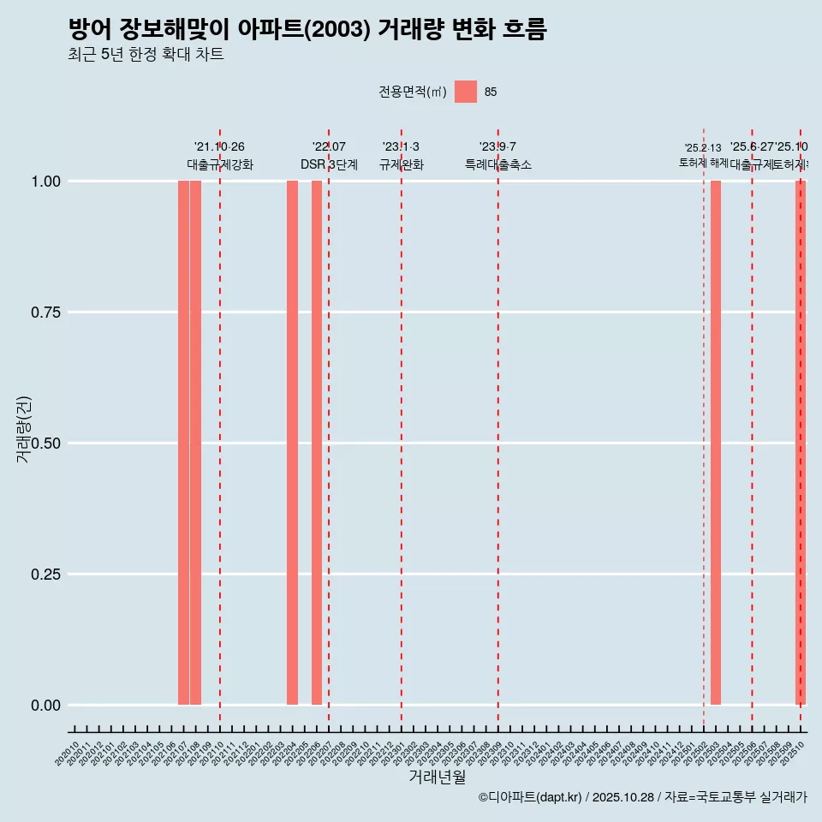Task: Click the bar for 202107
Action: (x=183, y=443)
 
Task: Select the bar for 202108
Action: (x=195, y=443)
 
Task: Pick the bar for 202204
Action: (x=292, y=443)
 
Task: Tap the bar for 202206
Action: (x=317, y=443)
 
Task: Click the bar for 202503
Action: (x=716, y=443)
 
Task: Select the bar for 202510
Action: (x=801, y=443)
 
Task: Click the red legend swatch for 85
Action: (x=466, y=92)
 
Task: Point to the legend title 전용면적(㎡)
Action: (x=413, y=92)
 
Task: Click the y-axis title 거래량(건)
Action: (x=24, y=429)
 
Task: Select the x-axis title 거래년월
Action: (x=437, y=777)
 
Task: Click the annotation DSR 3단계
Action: (x=329, y=164)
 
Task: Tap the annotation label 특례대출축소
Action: (x=498, y=164)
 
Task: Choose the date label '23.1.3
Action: (x=401, y=147)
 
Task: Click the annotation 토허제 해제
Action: (x=704, y=163)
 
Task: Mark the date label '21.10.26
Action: (x=219, y=147)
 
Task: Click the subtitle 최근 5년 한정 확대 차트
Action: (x=146, y=55)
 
